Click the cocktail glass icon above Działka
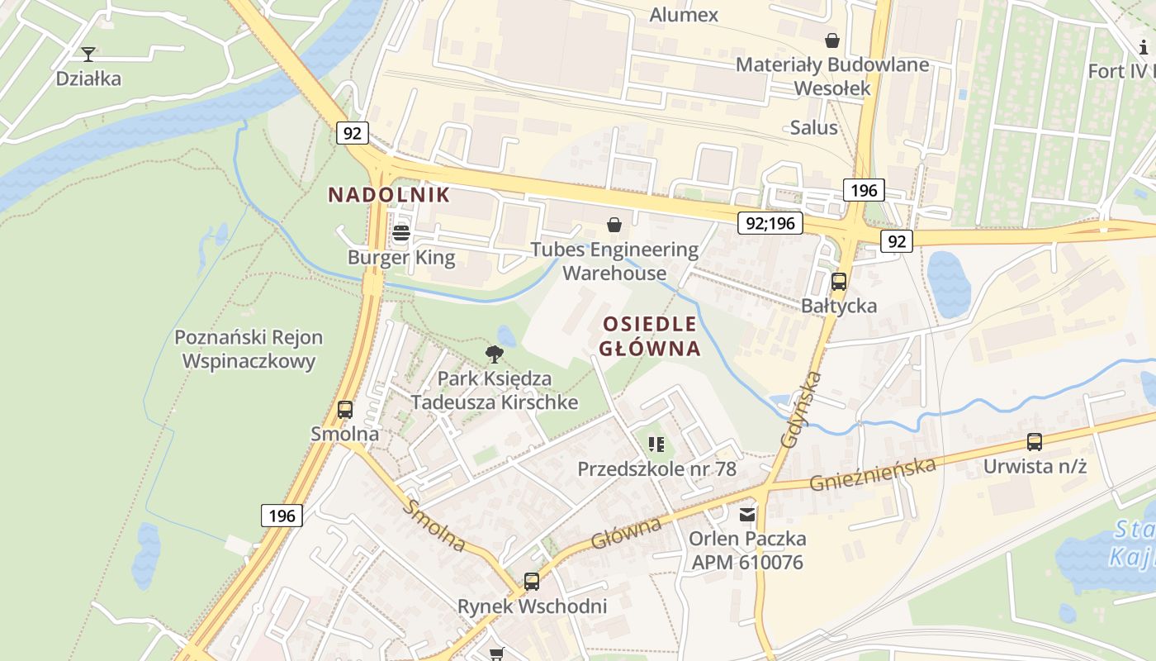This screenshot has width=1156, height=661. [x=88, y=55]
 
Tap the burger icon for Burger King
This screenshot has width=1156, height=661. [x=401, y=233]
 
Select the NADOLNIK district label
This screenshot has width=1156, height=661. [x=389, y=195]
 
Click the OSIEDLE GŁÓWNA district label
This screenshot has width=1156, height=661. [x=650, y=335]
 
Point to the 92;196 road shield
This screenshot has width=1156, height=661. [x=770, y=222]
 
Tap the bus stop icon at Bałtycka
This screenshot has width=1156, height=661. [x=839, y=281]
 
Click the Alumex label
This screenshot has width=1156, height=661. [x=684, y=15]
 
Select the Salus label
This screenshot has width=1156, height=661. [x=813, y=127]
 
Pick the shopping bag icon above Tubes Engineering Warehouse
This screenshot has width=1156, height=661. [x=614, y=224]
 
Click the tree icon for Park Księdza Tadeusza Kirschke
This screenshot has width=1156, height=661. [x=495, y=354]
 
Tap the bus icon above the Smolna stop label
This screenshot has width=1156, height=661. [x=345, y=409]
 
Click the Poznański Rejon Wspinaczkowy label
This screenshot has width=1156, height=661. [x=249, y=350]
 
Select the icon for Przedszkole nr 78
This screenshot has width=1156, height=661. [x=656, y=445]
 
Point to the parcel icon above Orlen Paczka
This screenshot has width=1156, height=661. [x=747, y=515]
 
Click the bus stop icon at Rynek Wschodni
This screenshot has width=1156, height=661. [x=532, y=581]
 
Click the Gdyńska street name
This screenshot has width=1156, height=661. [x=800, y=410]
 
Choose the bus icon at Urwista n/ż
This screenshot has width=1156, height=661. [x=1035, y=442]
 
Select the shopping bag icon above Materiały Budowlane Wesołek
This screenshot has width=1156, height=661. [x=832, y=40]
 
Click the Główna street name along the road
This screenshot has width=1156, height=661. [x=626, y=533]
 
